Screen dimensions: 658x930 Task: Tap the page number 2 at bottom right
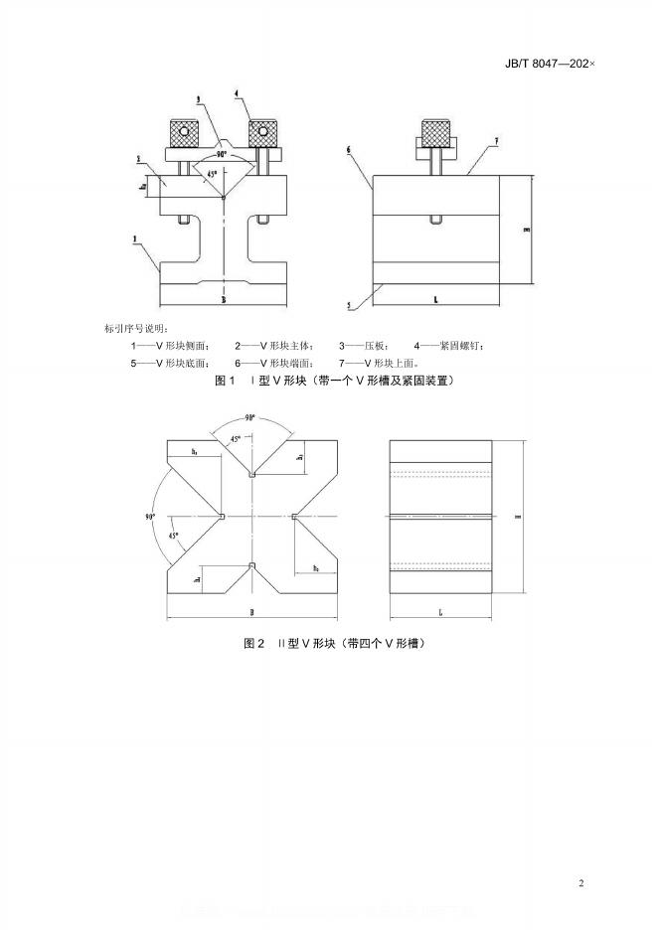tap(582, 882)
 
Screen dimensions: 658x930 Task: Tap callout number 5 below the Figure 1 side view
tap(350, 306)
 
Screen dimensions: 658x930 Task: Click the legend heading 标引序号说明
tap(136, 328)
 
